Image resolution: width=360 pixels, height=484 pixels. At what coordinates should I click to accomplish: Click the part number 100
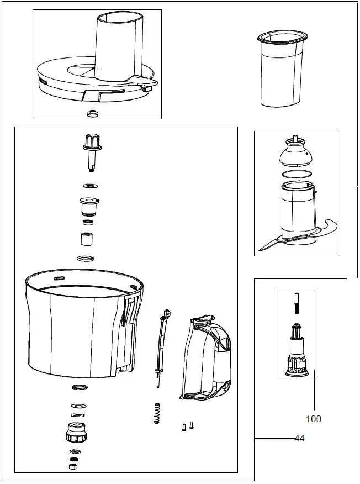pyautogui.click(x=313, y=419)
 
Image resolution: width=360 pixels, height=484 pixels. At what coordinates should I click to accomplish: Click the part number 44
pyautogui.click(x=300, y=439)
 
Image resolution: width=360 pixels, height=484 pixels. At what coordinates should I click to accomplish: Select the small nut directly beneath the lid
pyautogui.click(x=92, y=113)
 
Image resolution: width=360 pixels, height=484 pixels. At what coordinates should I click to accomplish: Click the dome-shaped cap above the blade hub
pyautogui.click(x=297, y=154)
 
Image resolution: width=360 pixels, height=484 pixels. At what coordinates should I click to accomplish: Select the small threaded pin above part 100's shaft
pyautogui.click(x=295, y=306)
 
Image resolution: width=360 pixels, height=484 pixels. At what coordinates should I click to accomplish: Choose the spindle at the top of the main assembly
pyautogui.click(x=92, y=149)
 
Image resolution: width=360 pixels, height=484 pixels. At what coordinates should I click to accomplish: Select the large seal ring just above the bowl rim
pyautogui.click(x=86, y=259)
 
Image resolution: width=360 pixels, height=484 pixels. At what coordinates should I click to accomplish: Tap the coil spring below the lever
pyautogui.click(x=157, y=413)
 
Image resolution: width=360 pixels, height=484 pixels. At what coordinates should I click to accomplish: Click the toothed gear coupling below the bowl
pyautogui.click(x=76, y=432)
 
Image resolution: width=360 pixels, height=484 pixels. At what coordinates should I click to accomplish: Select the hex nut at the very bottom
pyautogui.click(x=72, y=467)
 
